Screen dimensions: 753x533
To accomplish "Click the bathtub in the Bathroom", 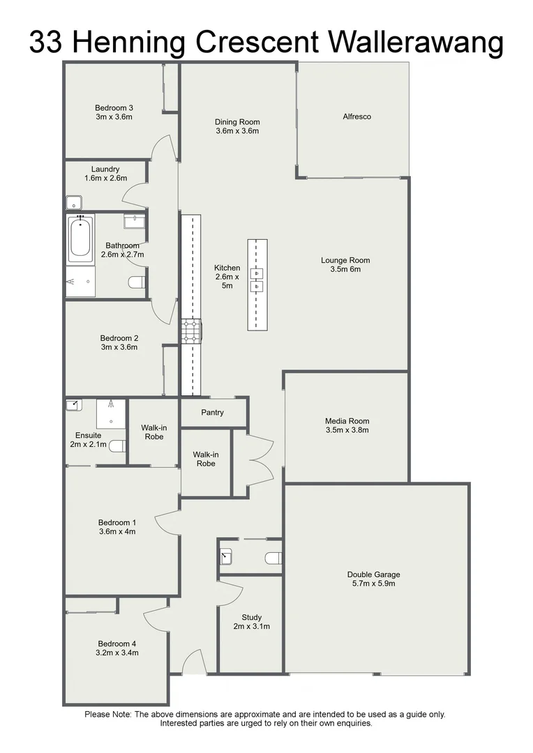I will click(80, 239).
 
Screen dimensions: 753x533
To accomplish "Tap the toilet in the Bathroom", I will click(137, 282).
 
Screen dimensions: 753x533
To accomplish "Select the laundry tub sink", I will click(74, 203).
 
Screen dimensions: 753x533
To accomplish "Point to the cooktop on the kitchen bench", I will click(190, 331).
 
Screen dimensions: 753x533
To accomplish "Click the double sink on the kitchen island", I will click(257, 279).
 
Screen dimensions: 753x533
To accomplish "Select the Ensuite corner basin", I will click(73, 405).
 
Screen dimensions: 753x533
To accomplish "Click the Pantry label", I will click(212, 413).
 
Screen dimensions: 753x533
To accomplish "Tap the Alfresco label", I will click(356, 116).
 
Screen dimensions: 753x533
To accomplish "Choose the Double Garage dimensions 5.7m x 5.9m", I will click(374, 584).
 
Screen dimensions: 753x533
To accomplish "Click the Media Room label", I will click(347, 421).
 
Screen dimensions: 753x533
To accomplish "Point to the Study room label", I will click(251, 617).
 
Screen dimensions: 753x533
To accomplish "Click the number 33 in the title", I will click(47, 43).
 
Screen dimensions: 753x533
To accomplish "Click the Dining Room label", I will click(237, 122).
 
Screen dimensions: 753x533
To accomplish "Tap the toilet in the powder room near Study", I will click(273, 557).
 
